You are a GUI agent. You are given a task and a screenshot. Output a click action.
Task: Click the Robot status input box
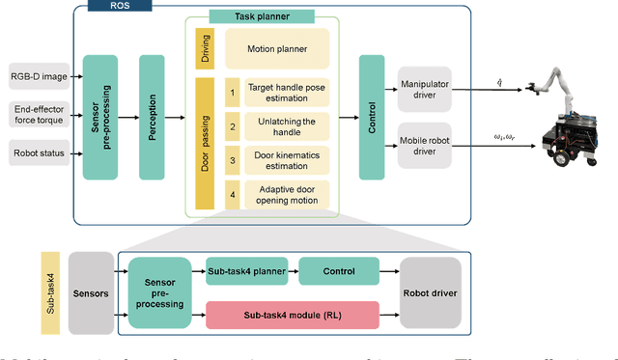(x=40, y=152)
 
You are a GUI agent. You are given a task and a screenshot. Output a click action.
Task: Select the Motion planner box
(x=276, y=47)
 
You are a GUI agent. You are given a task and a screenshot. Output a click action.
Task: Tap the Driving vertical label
(x=204, y=47)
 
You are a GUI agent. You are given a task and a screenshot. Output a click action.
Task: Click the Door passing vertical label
(x=204, y=143)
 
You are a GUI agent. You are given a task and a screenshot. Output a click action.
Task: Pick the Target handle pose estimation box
(x=286, y=93)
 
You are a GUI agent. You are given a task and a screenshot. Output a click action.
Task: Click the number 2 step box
(x=232, y=126)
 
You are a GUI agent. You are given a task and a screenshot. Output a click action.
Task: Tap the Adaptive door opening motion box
(x=286, y=193)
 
